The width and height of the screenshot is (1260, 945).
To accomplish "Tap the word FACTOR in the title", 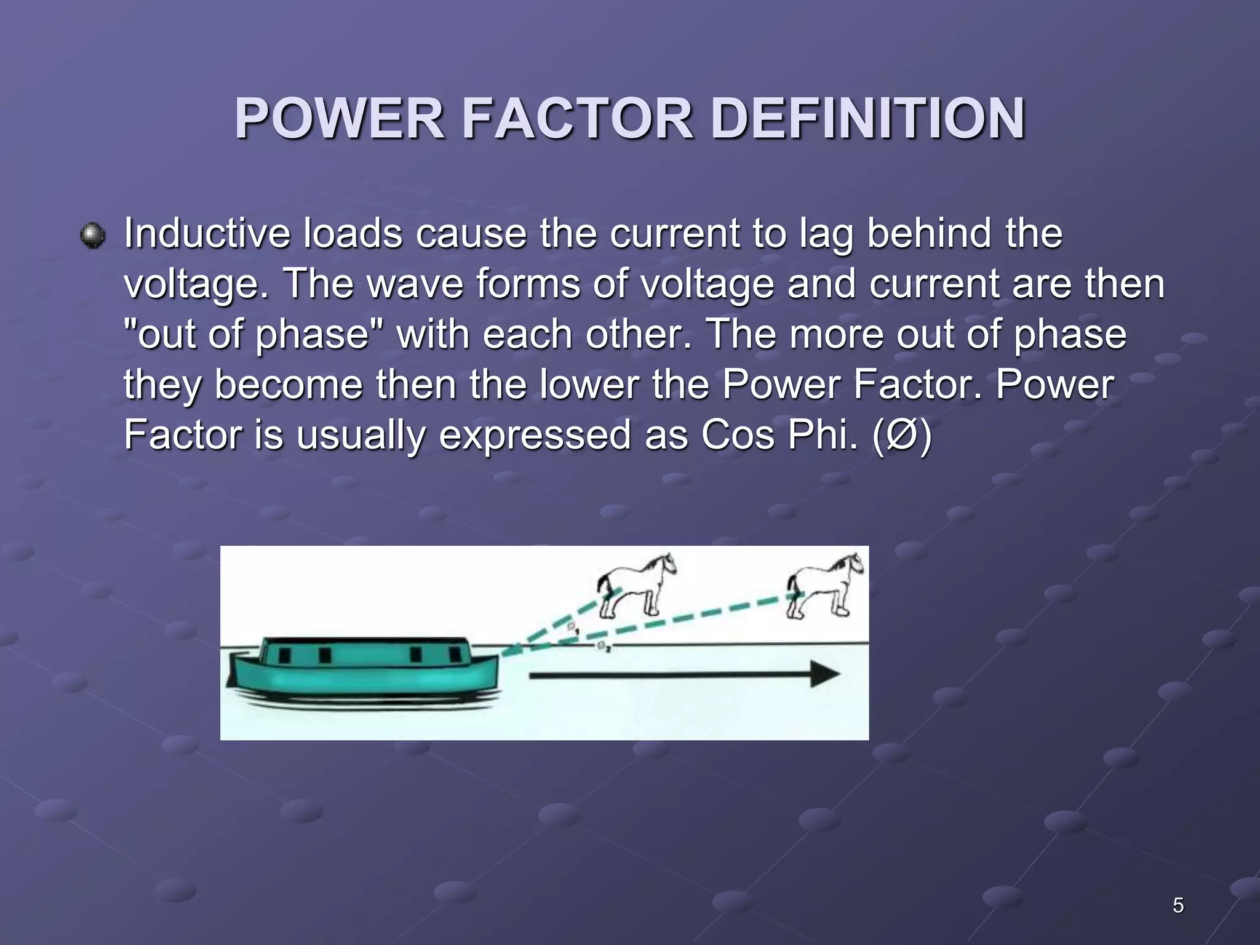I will click(x=577, y=119).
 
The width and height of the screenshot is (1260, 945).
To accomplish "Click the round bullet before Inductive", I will click(x=93, y=236).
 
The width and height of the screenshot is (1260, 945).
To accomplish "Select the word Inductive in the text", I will click(x=206, y=234).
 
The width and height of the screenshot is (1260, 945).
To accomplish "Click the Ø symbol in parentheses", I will click(x=902, y=436).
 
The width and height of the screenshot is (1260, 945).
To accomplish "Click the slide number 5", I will click(x=1178, y=906).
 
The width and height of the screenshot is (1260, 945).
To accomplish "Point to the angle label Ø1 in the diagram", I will click(x=573, y=629).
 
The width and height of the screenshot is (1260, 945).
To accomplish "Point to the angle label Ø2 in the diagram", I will click(x=603, y=646).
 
